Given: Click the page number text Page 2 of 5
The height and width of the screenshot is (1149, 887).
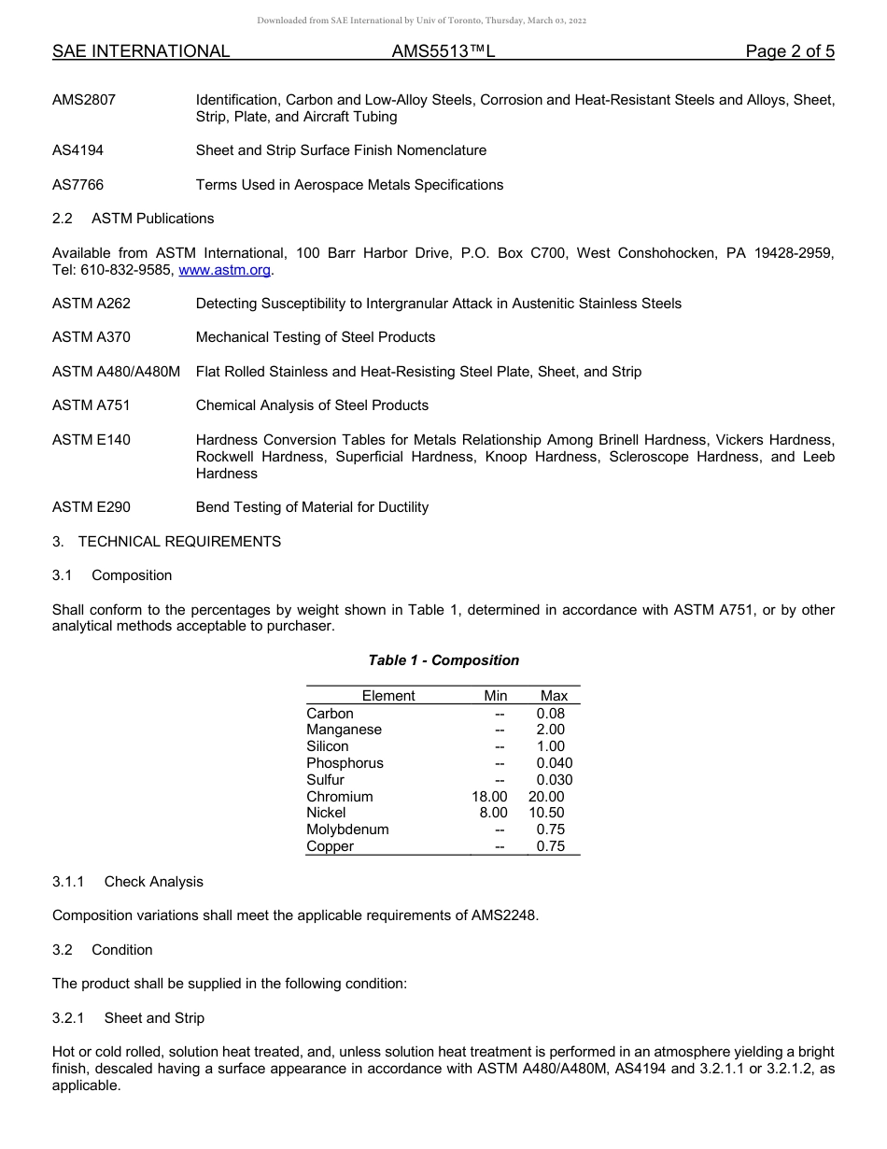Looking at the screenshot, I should [790, 51].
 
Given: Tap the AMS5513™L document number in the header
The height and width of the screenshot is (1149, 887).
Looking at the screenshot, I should [443, 51].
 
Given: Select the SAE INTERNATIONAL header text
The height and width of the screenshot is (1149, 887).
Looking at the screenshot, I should [141, 51].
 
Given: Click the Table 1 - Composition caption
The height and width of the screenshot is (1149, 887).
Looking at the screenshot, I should [443, 660].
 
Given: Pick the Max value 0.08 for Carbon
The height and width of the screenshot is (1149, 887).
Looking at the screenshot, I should [550, 714].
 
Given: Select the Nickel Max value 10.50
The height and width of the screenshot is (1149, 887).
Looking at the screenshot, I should [546, 813].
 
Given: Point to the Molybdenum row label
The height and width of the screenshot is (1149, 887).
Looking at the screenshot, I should [347, 830].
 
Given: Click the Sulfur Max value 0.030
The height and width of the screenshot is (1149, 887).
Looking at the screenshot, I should [554, 780].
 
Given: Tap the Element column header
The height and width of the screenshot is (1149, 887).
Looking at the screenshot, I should [388, 696].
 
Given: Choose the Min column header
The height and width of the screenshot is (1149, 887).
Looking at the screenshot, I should [496, 696].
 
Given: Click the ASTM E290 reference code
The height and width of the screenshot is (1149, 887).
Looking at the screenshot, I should [92, 507].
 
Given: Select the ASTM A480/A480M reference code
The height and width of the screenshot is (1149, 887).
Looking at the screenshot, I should [116, 372].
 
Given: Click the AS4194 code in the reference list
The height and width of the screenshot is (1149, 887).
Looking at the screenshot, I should [77, 150].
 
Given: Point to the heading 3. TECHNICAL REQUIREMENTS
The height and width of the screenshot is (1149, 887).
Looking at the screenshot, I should [166, 542].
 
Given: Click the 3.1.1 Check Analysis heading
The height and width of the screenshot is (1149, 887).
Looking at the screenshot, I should [128, 882].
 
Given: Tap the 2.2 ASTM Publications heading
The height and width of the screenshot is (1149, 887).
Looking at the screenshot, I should [134, 219].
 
